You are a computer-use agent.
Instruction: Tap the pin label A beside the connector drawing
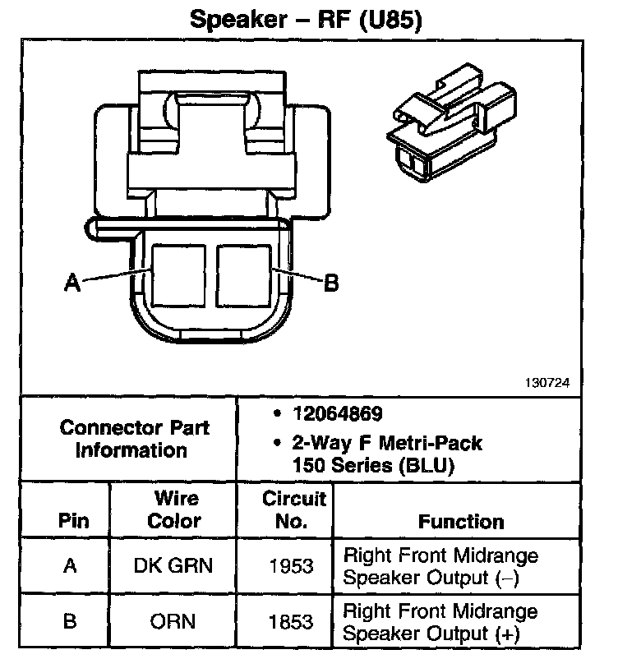click(72, 283)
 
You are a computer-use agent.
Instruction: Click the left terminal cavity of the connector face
click(178, 273)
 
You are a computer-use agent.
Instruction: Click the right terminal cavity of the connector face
click(244, 273)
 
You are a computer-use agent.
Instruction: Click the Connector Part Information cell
click(135, 439)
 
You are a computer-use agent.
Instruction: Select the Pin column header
click(74, 521)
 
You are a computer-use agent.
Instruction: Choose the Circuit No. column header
click(294, 509)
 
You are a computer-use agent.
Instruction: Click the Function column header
click(461, 521)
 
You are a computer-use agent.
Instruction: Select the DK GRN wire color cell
click(173, 565)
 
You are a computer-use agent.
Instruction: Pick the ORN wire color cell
click(173, 621)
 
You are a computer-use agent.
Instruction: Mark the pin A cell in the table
click(70, 565)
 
